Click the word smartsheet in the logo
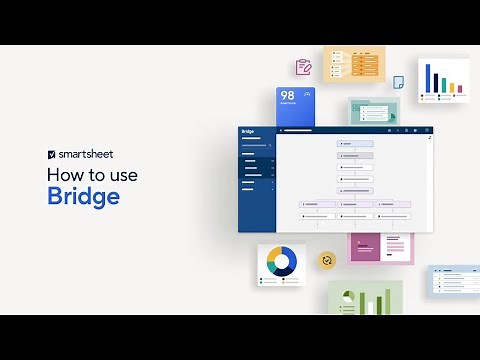pos(91,155)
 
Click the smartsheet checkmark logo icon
pos(51,155)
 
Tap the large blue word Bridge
pos(83,195)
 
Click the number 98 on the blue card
pos(287,96)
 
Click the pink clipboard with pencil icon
pos(303,67)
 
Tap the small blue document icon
pos(398,82)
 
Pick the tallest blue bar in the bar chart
pos(429,79)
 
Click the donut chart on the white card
pos(281,262)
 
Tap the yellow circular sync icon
pos(326,260)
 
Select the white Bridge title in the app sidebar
pos(248,131)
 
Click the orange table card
pos(354,64)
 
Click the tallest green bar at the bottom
pos(386,301)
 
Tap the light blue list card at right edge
pos(455,280)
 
